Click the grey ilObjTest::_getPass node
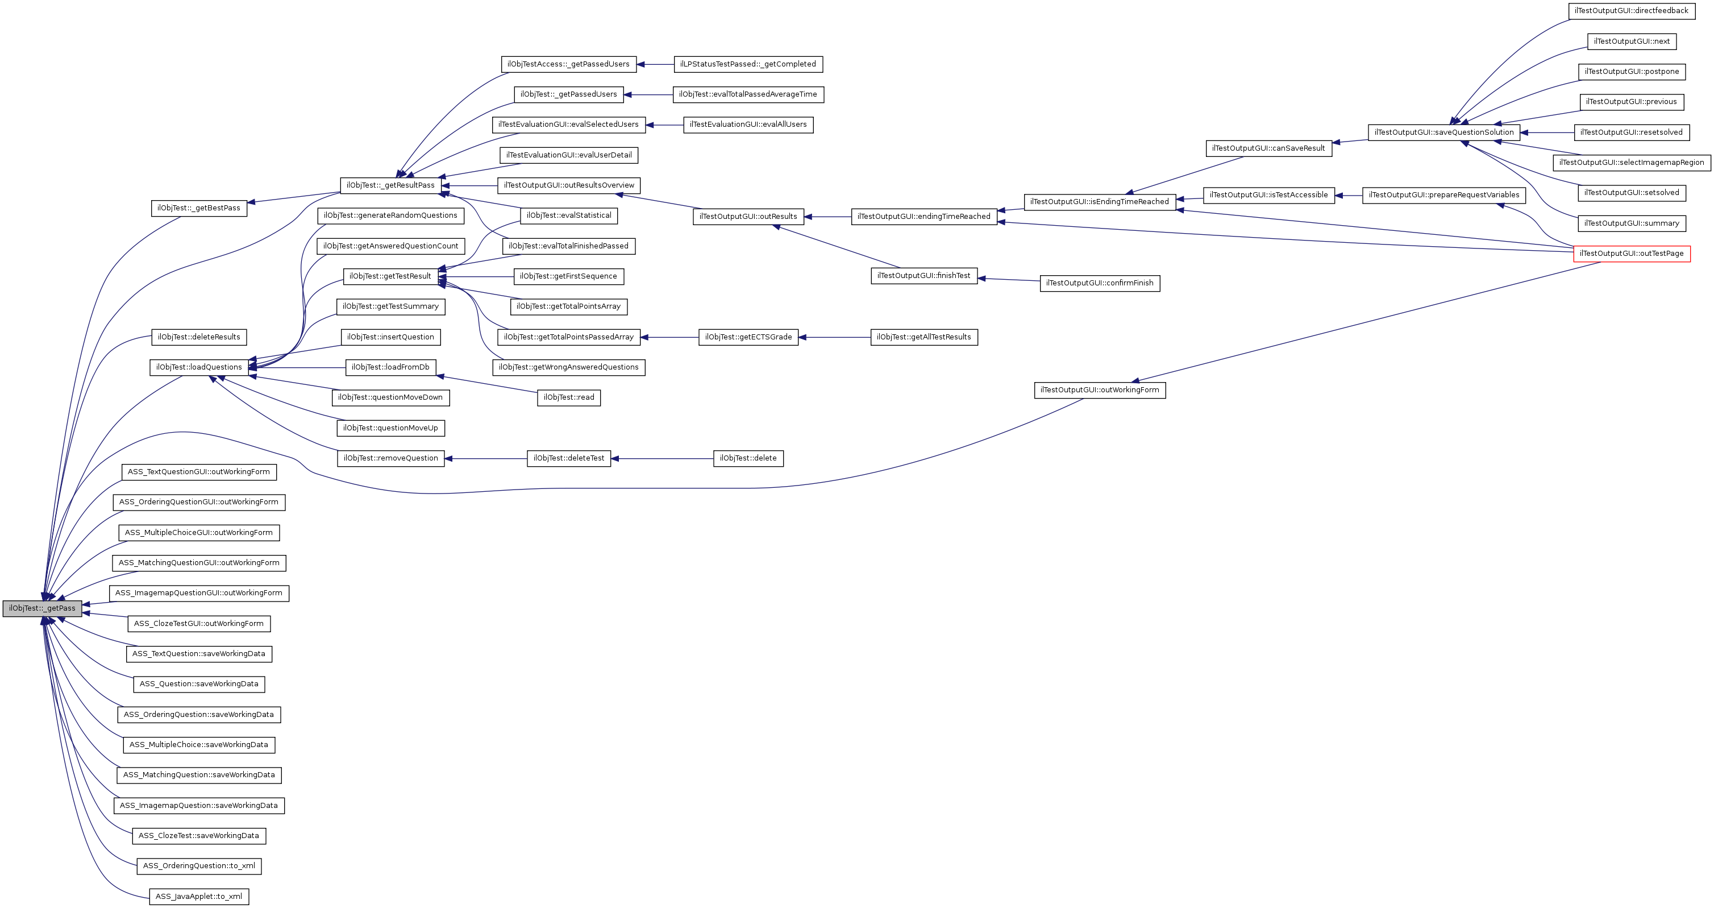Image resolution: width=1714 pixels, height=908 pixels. [x=42, y=608]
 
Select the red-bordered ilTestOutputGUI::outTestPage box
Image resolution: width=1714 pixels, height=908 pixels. [x=1632, y=254]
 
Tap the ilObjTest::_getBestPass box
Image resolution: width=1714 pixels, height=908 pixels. [x=199, y=208]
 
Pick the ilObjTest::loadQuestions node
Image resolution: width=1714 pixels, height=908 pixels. [x=199, y=367]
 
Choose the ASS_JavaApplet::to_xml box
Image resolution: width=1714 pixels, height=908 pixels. [x=199, y=897]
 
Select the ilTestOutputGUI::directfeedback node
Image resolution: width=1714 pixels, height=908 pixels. [x=1631, y=11]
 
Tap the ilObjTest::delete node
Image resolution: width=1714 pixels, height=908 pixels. [x=748, y=459]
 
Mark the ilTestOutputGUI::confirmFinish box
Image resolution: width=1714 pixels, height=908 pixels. [x=1099, y=284]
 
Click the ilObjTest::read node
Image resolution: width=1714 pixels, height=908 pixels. [x=569, y=398]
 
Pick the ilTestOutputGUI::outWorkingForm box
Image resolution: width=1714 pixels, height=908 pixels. [x=1099, y=390]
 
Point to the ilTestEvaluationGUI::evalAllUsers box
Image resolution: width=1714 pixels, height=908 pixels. [x=748, y=125]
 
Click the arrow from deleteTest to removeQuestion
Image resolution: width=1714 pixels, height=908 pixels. [x=486, y=459]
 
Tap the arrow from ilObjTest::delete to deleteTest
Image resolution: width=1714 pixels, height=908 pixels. [x=662, y=459]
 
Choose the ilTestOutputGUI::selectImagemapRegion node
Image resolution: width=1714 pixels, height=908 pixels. [x=1632, y=163]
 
